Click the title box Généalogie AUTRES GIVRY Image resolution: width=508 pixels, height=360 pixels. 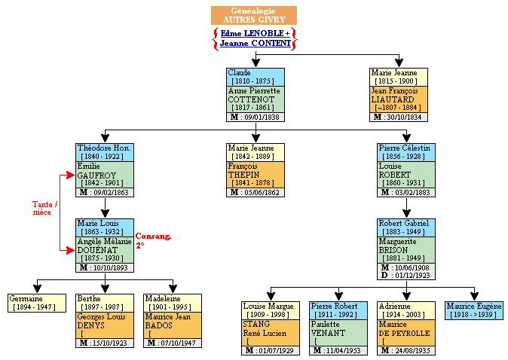[x=253, y=15]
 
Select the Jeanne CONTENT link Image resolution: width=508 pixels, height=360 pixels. [x=253, y=44]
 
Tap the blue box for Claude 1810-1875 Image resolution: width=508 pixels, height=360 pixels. [x=256, y=77]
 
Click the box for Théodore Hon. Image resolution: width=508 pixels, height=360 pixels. [x=105, y=152]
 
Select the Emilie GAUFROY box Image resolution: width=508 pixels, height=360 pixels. [x=105, y=175]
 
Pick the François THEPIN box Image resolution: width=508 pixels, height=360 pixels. [x=256, y=175]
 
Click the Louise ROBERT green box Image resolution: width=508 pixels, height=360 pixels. [x=406, y=175]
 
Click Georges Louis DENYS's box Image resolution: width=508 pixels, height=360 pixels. [x=105, y=325]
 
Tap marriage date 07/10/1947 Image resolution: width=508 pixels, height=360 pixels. [x=173, y=343]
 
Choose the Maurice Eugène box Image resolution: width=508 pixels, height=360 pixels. [x=474, y=310]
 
